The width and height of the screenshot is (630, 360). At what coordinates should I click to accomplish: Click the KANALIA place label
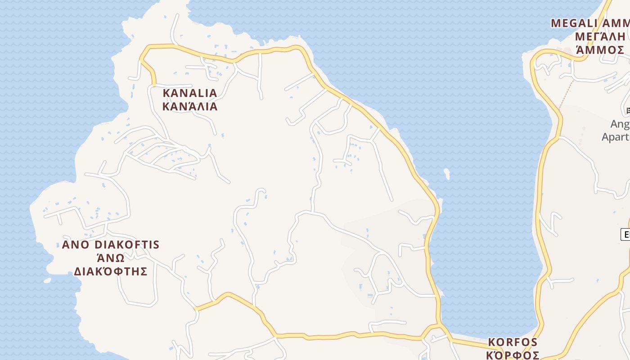(189, 93)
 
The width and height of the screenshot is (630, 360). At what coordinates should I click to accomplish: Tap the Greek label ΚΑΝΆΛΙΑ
(189, 107)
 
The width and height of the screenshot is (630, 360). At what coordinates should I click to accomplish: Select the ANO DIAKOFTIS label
(111, 245)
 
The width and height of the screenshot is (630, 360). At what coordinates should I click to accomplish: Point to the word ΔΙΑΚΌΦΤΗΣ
(111, 271)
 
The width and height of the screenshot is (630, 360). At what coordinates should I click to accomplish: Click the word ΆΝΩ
(111, 258)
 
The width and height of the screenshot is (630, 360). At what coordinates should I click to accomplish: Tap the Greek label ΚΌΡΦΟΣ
(513, 354)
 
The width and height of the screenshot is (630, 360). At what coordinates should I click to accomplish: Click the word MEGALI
(574, 23)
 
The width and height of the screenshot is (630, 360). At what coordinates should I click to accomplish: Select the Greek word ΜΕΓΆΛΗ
(600, 36)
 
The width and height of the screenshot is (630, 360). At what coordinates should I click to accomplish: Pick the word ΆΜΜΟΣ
(600, 50)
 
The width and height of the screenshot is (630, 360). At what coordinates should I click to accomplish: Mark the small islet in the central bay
(447, 173)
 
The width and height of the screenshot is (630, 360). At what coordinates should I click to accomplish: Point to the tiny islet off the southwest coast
(47, 280)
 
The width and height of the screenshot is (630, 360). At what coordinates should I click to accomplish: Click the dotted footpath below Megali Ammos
(566, 94)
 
